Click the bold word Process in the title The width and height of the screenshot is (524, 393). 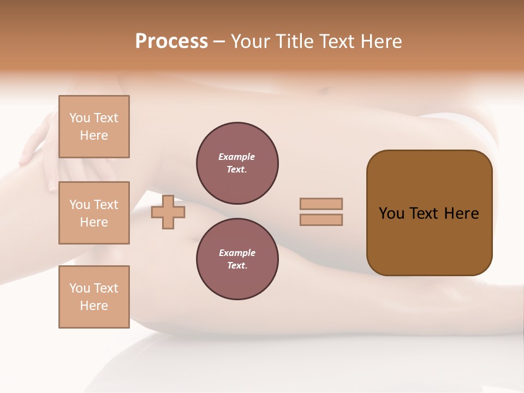pos(171,41)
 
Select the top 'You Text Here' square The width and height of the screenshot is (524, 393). pos(94,127)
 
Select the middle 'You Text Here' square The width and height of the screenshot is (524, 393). pos(94,213)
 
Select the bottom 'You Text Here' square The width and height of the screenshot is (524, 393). pos(94,296)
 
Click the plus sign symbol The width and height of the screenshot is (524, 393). pos(168,212)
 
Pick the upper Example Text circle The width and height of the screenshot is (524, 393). pos(237,163)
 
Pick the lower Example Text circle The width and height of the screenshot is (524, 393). pos(237,259)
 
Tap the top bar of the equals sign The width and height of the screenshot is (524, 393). pos(321,204)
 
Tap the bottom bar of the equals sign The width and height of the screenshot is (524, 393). pos(321,220)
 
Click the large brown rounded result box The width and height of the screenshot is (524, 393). pos(429,240)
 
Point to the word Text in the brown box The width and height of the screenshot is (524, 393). pos(426,213)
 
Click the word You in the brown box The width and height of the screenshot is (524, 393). pos(391,213)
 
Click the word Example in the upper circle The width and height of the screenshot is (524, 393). pos(236,157)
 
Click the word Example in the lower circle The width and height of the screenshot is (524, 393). pos(237,253)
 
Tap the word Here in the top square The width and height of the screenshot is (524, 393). pos(94,135)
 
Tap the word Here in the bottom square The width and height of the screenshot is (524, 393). pos(94,306)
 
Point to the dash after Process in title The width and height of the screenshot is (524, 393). pos(219,42)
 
